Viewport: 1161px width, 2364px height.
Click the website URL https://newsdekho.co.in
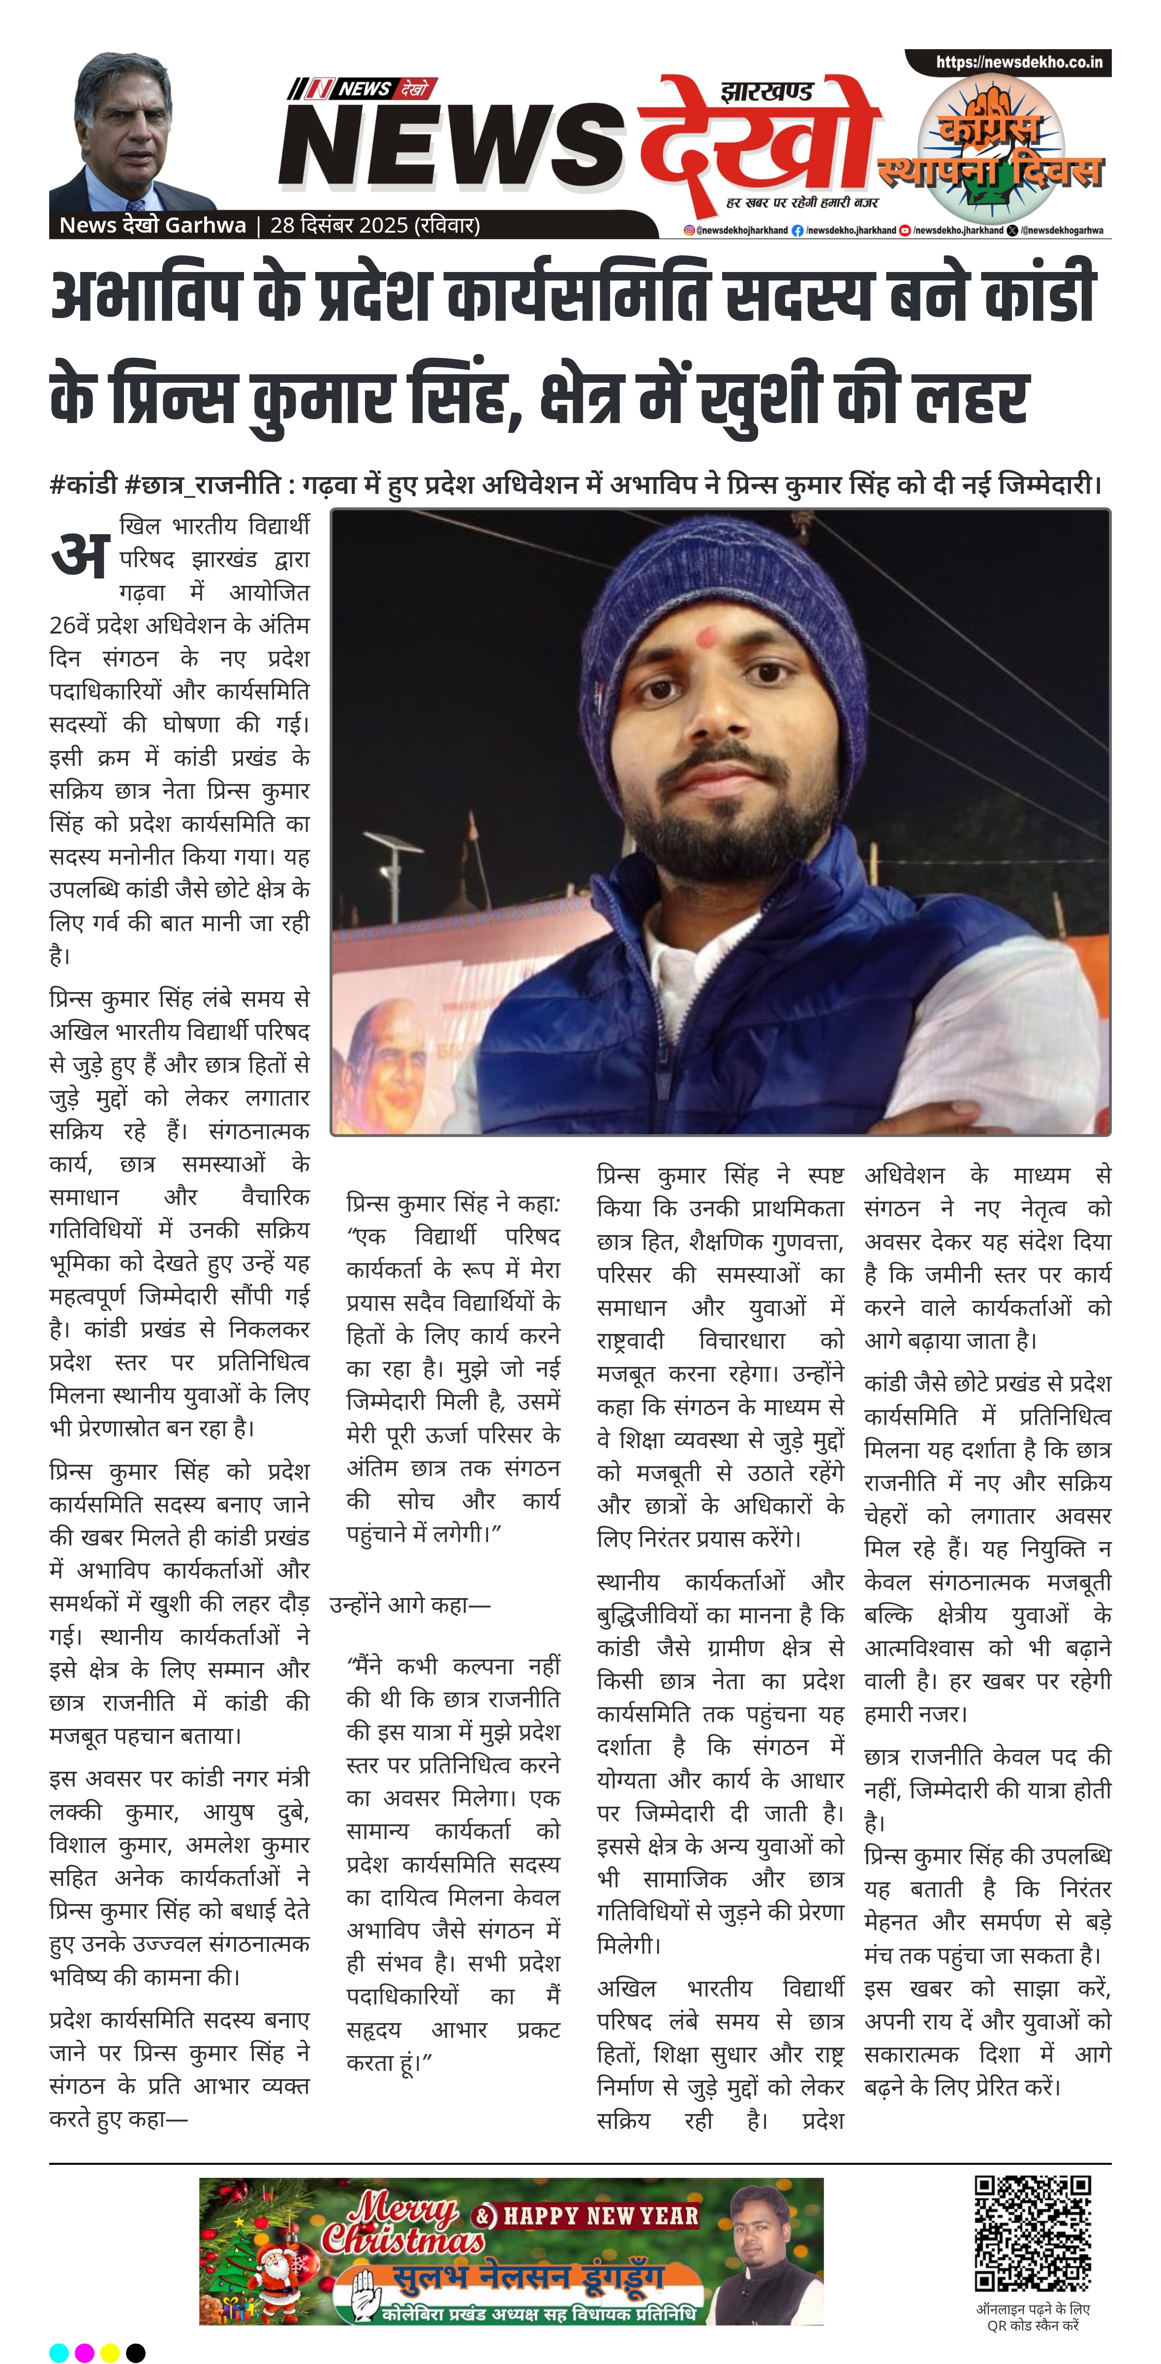pos(1019,62)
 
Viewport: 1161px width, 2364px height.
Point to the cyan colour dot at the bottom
pos(59,2352)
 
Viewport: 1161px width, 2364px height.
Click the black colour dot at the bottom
pos(136,2352)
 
